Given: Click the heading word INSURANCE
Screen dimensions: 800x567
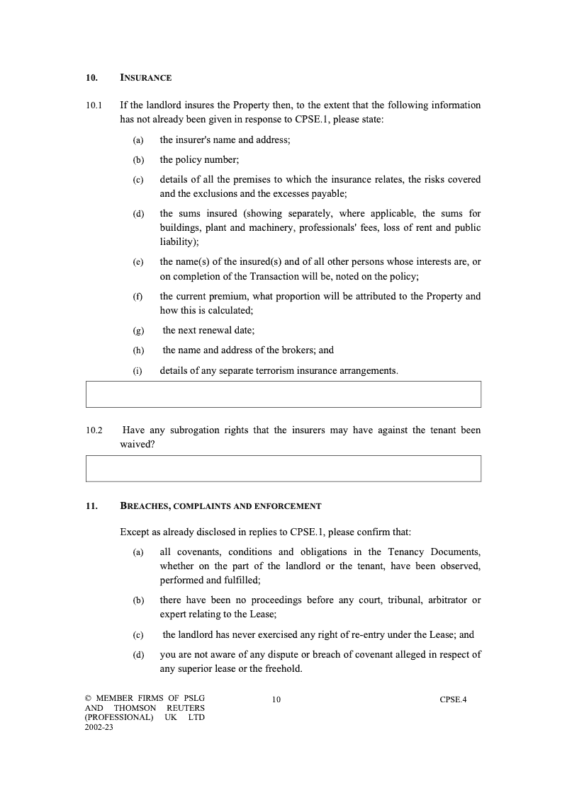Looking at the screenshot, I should click(x=146, y=77).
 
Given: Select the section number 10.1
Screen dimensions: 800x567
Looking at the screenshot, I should click(x=94, y=105).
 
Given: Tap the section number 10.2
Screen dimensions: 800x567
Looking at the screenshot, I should click(x=94, y=430).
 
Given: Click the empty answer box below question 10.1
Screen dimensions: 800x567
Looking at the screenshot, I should click(x=283, y=394).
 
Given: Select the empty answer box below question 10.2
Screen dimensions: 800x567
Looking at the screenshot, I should click(x=283, y=469).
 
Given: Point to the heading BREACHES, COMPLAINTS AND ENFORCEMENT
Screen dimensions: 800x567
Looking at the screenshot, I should click(x=220, y=506).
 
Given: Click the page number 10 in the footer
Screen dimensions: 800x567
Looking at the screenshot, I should click(x=276, y=700).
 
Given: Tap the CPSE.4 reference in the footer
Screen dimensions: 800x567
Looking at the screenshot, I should click(x=453, y=700).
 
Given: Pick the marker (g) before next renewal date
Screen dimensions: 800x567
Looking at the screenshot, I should click(x=138, y=331).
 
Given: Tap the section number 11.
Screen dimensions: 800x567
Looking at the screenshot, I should click(x=91, y=506).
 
